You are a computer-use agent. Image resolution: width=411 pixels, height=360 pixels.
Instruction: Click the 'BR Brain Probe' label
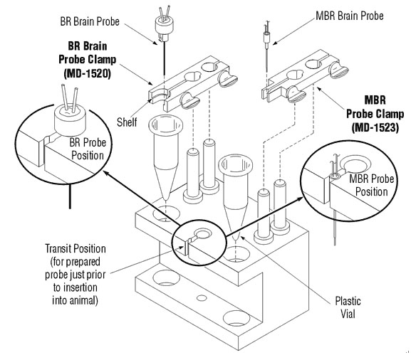pyautogui.click(x=90, y=21)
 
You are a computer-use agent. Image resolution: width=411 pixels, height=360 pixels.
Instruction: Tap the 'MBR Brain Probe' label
pyautogui.click(x=350, y=16)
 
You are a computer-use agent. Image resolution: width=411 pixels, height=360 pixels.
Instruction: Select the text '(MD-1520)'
pyautogui.click(x=88, y=73)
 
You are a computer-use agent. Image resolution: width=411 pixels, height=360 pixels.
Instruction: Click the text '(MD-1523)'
pyautogui.click(x=375, y=127)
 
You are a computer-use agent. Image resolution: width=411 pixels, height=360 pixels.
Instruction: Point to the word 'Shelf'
pyautogui.click(x=127, y=122)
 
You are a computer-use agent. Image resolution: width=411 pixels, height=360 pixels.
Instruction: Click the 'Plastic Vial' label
pyautogui.click(x=348, y=307)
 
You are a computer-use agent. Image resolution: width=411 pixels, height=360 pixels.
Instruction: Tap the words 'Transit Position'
pyautogui.click(x=76, y=248)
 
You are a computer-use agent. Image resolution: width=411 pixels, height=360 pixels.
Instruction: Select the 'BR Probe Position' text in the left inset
pyautogui.click(x=88, y=149)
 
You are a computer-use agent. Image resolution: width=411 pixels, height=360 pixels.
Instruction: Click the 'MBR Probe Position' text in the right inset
pyautogui.click(x=371, y=186)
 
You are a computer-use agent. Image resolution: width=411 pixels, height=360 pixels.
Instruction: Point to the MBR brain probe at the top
pyautogui.click(x=266, y=47)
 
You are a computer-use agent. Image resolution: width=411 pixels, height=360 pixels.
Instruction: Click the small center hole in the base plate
pyautogui.click(x=202, y=298)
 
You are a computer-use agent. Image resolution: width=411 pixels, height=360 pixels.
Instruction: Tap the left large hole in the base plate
pyautogui.click(x=166, y=277)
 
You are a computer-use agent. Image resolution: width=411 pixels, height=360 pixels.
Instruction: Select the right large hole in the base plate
pyautogui.click(x=236, y=318)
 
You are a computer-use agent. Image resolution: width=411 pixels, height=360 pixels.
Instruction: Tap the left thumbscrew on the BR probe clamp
pyautogui.click(x=189, y=100)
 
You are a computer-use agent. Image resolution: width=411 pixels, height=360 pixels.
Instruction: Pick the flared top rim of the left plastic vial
pyautogui.click(x=165, y=123)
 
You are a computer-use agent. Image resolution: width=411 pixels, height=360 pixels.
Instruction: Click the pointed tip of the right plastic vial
pyautogui.click(x=236, y=238)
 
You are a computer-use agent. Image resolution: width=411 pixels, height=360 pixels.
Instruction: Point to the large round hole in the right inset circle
pyautogui.click(x=355, y=164)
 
